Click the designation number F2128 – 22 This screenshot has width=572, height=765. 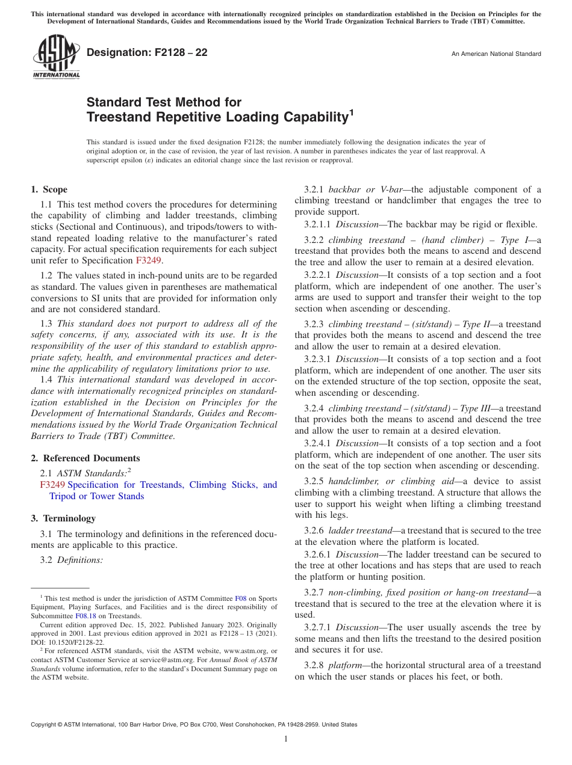tap(148, 53)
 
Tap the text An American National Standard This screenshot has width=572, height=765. tap(496, 54)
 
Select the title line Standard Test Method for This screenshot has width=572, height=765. tap(164, 102)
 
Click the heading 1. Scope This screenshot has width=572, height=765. tap(49, 189)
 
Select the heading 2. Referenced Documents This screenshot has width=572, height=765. tap(85, 458)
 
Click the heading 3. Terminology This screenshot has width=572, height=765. tap(63, 518)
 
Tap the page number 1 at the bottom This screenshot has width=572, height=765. tap(286, 739)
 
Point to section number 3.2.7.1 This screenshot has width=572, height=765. tap(317, 627)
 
